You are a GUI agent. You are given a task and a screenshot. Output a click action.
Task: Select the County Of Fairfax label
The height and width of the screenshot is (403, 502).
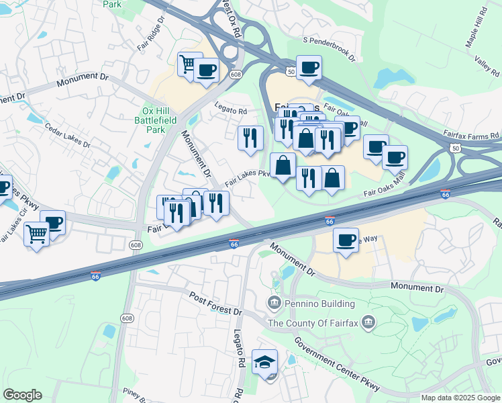(x=313, y=324)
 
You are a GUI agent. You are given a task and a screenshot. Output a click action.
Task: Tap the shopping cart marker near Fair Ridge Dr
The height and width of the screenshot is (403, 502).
(x=189, y=64)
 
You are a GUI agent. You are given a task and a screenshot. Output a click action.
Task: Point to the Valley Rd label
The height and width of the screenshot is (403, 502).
(x=487, y=65)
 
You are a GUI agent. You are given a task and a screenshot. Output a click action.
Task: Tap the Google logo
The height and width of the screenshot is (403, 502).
(x=22, y=396)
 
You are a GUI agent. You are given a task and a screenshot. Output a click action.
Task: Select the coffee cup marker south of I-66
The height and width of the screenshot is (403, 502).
(x=346, y=239)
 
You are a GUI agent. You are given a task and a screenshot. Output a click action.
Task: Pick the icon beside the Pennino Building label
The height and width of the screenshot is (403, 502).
(x=274, y=304)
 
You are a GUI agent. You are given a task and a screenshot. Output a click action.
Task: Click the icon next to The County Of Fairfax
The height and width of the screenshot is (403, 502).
(x=368, y=324)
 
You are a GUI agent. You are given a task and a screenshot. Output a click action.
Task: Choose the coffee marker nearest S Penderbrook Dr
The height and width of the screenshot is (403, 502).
(x=309, y=67)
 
